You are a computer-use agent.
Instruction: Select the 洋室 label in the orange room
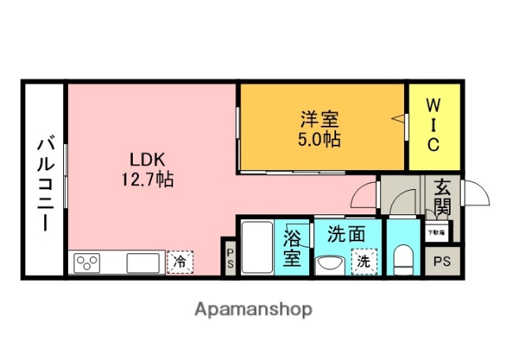click(319, 120)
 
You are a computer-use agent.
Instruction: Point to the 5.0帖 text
click(319, 139)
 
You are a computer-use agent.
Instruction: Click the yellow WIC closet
click(433, 126)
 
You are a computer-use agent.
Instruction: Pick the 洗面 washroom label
click(346, 234)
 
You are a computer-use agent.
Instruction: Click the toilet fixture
click(404, 259)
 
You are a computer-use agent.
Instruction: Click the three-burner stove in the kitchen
click(87, 262)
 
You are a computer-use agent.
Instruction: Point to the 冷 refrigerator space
click(180, 261)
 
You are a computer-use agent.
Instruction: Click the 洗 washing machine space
click(364, 261)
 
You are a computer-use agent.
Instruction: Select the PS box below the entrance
click(442, 260)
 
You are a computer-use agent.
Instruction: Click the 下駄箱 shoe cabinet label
click(437, 233)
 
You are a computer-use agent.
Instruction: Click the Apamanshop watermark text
click(253, 309)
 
